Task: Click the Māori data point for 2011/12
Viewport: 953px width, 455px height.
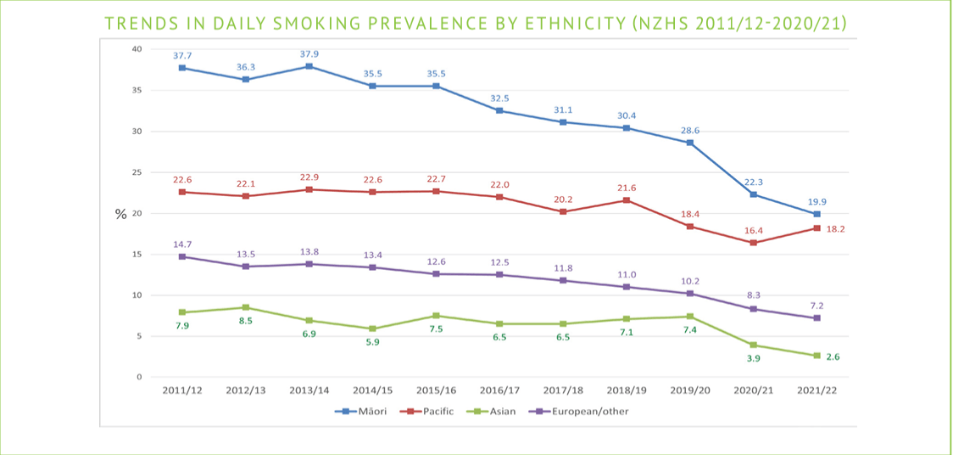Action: [182, 68]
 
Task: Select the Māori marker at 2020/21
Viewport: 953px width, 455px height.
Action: [754, 194]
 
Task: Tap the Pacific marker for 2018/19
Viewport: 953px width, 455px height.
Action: [627, 200]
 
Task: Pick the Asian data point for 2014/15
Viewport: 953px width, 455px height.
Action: [373, 329]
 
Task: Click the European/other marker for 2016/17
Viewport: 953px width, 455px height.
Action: [499, 274]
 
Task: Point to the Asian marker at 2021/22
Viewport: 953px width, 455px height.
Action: [817, 356]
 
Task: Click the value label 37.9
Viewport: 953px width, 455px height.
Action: [309, 54]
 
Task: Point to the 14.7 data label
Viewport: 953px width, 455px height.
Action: [182, 244]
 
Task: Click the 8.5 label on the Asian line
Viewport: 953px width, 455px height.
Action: [246, 321]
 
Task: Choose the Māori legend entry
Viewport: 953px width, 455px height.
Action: [366, 412]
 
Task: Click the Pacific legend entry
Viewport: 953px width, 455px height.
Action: [431, 412]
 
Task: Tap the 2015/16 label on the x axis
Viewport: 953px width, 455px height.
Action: [437, 390]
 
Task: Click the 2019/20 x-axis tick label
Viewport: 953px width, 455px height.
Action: [690, 390]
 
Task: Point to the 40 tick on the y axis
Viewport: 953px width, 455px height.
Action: [137, 48]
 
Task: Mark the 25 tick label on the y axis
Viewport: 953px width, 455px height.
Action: [137, 172]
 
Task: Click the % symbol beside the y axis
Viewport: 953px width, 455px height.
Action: [120, 215]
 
